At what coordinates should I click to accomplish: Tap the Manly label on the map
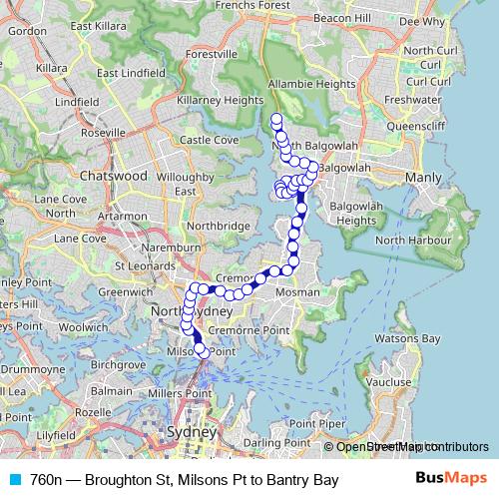point(420,178)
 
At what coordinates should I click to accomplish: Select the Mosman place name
point(299,292)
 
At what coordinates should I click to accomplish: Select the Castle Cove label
point(209,140)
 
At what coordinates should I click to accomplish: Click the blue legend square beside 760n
point(12,481)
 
